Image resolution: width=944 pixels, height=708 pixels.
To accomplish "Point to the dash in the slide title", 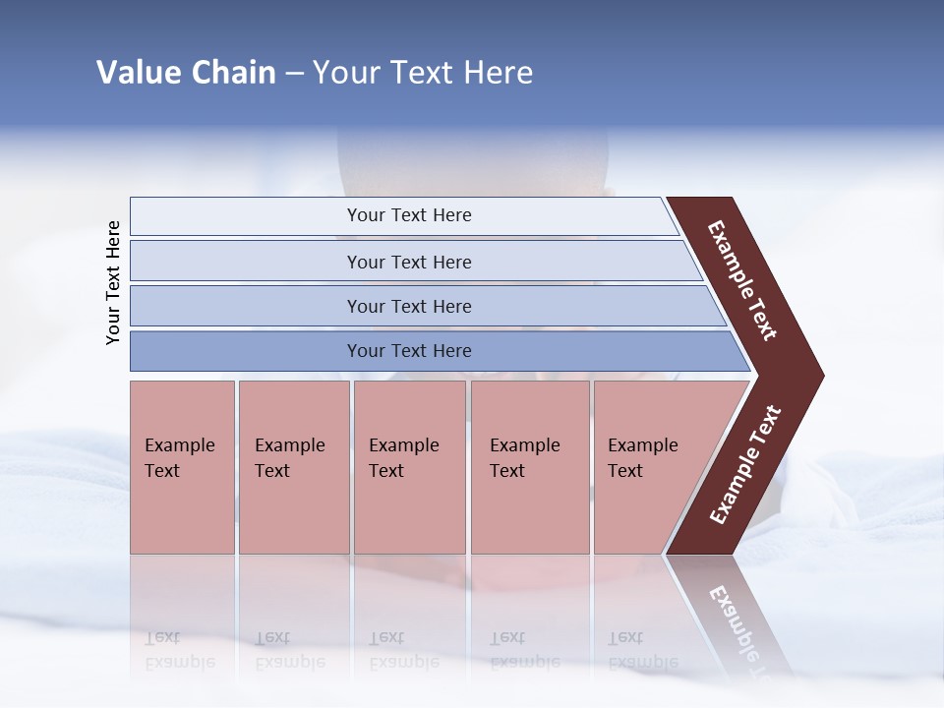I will click(x=294, y=74).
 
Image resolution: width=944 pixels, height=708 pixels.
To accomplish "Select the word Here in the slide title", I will click(x=498, y=73).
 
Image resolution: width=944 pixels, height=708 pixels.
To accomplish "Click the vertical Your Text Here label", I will click(x=113, y=282).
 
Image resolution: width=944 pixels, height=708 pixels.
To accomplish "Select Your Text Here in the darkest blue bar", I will click(x=409, y=351).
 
